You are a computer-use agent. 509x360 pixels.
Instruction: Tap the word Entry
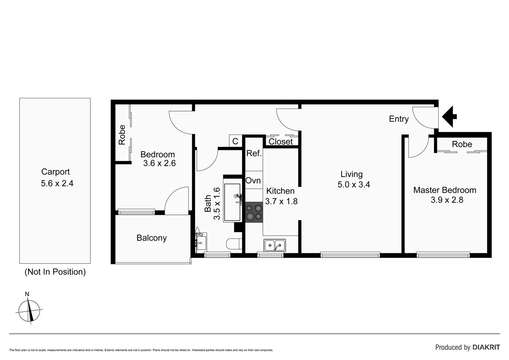pyautogui.click(x=399, y=119)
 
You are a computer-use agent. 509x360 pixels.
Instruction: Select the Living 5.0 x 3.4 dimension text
pyautogui.click(x=354, y=185)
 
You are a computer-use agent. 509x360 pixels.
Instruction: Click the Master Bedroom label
pyautogui.click(x=445, y=190)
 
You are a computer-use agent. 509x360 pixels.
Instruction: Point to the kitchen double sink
pyautogui.click(x=274, y=245)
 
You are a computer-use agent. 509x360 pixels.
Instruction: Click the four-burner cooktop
pyautogui.click(x=254, y=212)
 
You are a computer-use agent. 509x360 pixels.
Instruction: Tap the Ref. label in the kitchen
pyautogui.click(x=254, y=153)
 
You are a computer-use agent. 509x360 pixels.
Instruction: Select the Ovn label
pyautogui.click(x=253, y=181)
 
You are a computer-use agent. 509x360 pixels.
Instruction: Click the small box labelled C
pyautogui.click(x=235, y=141)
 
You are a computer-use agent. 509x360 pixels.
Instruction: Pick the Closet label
pyautogui.click(x=280, y=142)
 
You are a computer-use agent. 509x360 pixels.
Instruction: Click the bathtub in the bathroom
pyautogui.click(x=232, y=202)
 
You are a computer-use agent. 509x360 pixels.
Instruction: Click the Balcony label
pyautogui.click(x=152, y=238)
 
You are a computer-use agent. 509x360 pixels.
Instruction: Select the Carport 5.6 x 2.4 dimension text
pyautogui.click(x=57, y=183)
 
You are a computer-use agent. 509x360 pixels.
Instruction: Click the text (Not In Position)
pyautogui.click(x=55, y=272)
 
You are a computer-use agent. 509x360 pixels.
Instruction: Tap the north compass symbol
pyautogui.click(x=29, y=311)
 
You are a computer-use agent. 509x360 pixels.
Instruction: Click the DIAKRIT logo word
pyautogui.click(x=486, y=347)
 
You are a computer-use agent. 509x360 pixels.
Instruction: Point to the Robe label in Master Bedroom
pyautogui.click(x=462, y=144)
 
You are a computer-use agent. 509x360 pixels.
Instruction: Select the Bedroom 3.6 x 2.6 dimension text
pyautogui.click(x=159, y=163)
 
